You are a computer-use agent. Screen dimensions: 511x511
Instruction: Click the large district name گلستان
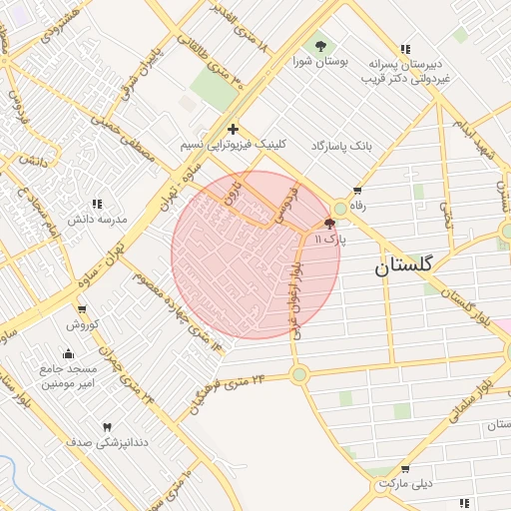tap(404, 266)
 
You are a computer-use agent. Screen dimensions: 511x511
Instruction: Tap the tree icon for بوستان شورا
tap(320, 46)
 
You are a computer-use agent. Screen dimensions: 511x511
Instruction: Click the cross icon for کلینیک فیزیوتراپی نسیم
tap(233, 129)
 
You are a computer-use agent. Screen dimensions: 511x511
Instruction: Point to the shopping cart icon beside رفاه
tap(357, 190)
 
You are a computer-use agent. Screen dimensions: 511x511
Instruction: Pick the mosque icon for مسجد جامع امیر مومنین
tap(67, 353)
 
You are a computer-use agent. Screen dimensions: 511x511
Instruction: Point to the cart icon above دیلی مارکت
tap(404, 468)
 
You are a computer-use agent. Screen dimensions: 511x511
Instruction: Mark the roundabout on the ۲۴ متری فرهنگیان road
tap(298, 374)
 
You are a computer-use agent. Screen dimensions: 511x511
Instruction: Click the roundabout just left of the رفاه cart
tap(340, 208)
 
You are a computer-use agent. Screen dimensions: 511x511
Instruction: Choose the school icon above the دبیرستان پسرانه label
tap(404, 48)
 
